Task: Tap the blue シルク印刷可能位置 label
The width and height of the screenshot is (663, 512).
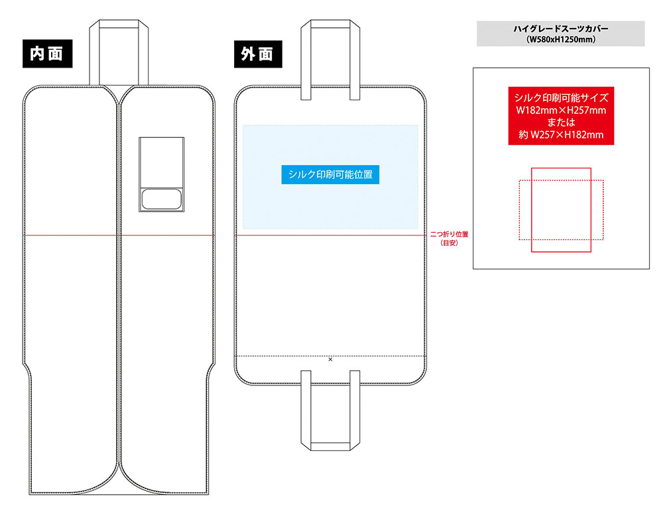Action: (x=330, y=174)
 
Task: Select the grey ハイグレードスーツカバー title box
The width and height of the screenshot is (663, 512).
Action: (x=560, y=33)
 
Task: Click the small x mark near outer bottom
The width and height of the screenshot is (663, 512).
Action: (x=330, y=359)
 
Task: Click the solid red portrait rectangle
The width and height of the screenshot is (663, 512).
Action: (x=561, y=239)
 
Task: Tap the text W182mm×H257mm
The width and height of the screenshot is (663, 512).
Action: (x=561, y=110)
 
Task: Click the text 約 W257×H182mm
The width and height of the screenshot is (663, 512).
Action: (x=561, y=135)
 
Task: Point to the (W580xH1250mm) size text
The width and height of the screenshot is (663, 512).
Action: (x=560, y=40)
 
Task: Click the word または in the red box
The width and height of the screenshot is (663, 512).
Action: (x=561, y=123)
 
